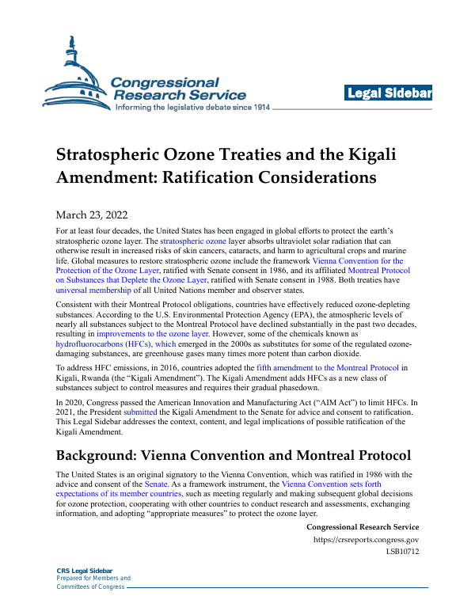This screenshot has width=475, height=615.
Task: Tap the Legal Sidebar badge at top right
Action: coord(388,94)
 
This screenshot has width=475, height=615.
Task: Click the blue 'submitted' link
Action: coord(140,413)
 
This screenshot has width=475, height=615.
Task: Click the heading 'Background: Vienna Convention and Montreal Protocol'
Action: coord(233,456)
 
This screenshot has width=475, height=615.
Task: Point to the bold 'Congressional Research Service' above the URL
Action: coord(362,527)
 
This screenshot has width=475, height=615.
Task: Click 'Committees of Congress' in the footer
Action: coord(90,587)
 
